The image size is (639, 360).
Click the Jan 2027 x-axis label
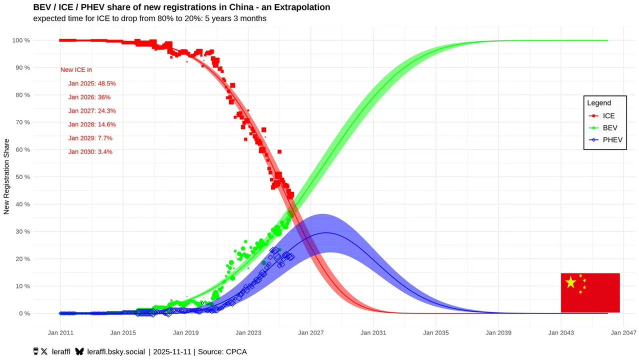pos(310,332)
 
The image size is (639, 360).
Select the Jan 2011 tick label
pos(60,332)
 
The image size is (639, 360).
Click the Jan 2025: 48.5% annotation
pos(92,83)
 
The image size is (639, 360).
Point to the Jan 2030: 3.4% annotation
pos(90,151)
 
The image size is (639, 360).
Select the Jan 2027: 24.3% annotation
pos(92,111)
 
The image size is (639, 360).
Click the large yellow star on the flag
pos(570,282)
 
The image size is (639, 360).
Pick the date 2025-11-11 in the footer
pos(171,351)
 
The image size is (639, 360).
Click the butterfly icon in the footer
pos(79,351)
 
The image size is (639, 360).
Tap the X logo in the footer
pos(44,351)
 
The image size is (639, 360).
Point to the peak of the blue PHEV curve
pos(325,232)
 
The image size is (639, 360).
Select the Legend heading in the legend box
pos(599,103)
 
